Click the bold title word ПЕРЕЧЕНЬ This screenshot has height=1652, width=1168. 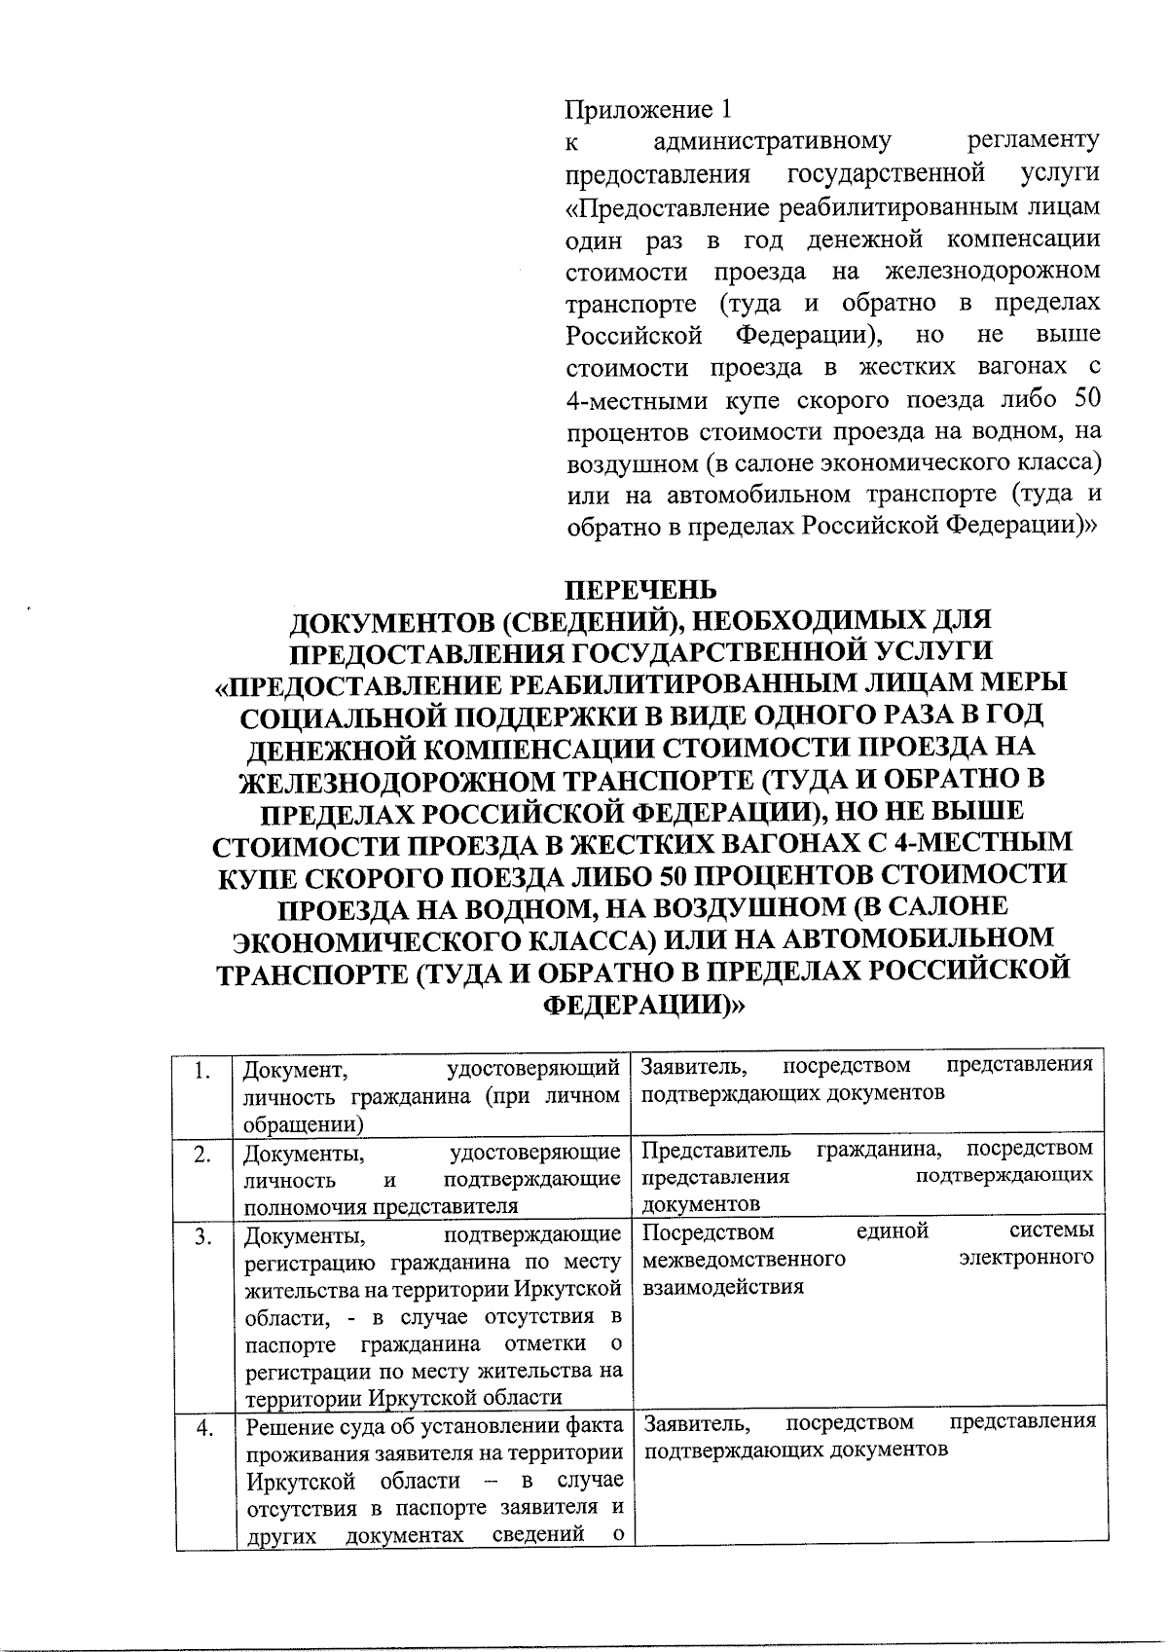(x=641, y=590)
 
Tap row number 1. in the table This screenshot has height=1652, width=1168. (x=202, y=1072)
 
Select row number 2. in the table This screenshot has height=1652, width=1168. (x=202, y=1155)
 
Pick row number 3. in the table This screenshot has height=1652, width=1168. (x=202, y=1237)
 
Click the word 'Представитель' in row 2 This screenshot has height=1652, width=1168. (x=716, y=1150)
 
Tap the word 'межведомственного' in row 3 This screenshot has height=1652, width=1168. (x=744, y=1260)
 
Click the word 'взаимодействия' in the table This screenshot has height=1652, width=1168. (x=722, y=1287)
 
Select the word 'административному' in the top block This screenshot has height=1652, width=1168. (x=772, y=141)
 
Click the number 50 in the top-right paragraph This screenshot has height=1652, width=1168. (x=1085, y=398)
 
